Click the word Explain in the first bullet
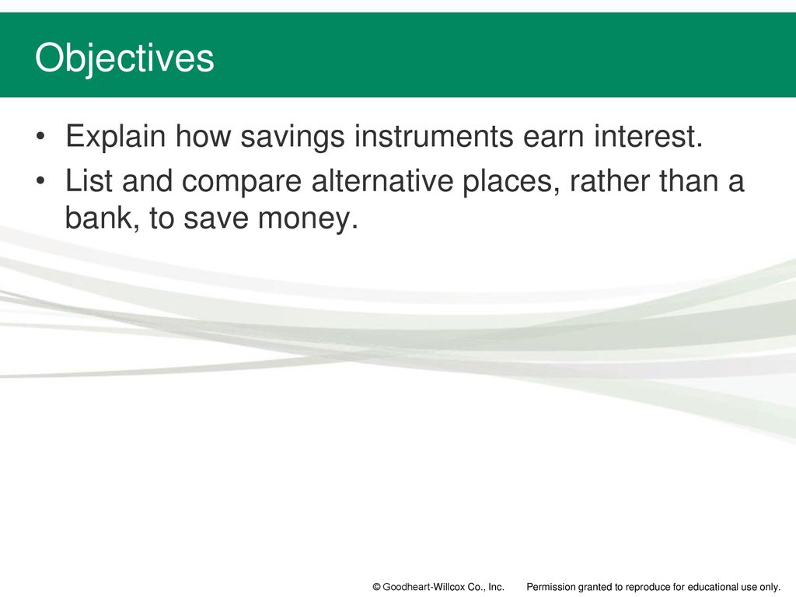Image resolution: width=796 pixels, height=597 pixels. pyautogui.click(x=116, y=137)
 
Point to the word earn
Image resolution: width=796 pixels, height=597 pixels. pyautogui.click(x=553, y=136)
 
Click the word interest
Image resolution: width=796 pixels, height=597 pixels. pyautogui.click(x=649, y=136)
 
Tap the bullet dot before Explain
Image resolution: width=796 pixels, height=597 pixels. pyautogui.click(x=40, y=137)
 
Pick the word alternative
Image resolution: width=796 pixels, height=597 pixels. pyautogui.click(x=382, y=180)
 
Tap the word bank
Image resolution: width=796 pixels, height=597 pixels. pyautogui.click(x=103, y=218)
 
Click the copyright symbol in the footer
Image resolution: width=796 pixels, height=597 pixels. pyautogui.click(x=377, y=588)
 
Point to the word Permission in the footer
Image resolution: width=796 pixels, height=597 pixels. pyautogui.click(x=550, y=587)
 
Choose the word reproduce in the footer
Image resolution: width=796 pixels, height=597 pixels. pyautogui.click(x=639, y=588)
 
